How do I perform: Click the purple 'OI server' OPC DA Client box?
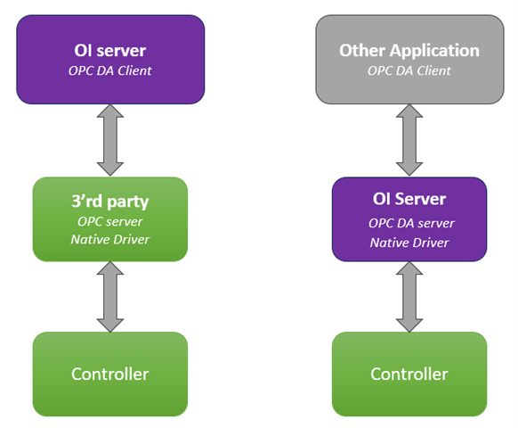pyautogui.click(x=110, y=60)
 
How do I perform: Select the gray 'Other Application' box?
pyautogui.click(x=409, y=60)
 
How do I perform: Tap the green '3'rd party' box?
pyautogui.click(x=110, y=219)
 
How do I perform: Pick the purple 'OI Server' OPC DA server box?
pyautogui.click(x=409, y=219)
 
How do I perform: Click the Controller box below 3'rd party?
pyautogui.click(x=110, y=374)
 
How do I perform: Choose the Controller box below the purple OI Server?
pyautogui.click(x=409, y=374)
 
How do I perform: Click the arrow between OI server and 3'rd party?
pyautogui.click(x=110, y=140)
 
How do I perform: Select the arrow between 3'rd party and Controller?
pyautogui.click(x=110, y=297)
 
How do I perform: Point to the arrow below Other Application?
pyautogui.click(x=409, y=140)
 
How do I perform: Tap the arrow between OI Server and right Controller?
pyautogui.click(x=409, y=297)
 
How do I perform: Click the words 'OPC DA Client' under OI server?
pyautogui.click(x=110, y=70)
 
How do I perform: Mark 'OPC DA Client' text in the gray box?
pyautogui.click(x=409, y=70)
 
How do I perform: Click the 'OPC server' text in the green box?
pyautogui.click(x=110, y=222)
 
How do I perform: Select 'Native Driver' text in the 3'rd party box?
pyautogui.click(x=110, y=239)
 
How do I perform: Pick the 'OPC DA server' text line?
pyautogui.click(x=411, y=224)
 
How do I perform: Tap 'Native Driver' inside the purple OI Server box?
pyautogui.click(x=409, y=243)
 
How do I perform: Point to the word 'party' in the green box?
pyautogui.click(x=128, y=202)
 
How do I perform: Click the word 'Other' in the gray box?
pyautogui.click(x=362, y=51)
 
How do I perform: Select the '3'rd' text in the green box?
pyautogui.click(x=87, y=202)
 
